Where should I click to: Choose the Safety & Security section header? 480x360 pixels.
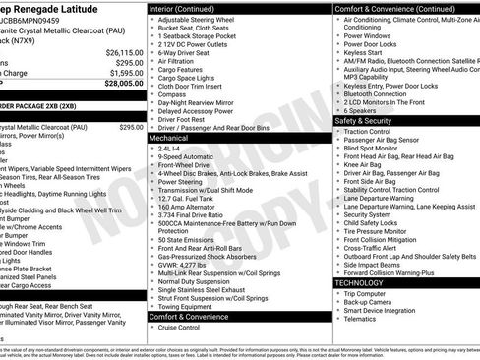(x=363, y=121)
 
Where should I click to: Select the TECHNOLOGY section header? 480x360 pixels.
(x=359, y=282)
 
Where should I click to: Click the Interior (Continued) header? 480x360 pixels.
(x=189, y=8)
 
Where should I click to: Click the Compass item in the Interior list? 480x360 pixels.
(x=172, y=94)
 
